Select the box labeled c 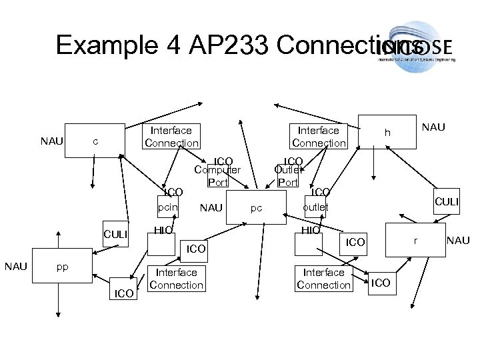[x=96, y=141]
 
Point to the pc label [x=256, y=209]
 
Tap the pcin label [x=167, y=208]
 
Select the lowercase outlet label [x=315, y=207]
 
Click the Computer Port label [x=217, y=175]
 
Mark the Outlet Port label [x=289, y=175]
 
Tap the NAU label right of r [x=457, y=238]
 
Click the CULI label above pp [x=115, y=235]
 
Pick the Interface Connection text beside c [x=171, y=137]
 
